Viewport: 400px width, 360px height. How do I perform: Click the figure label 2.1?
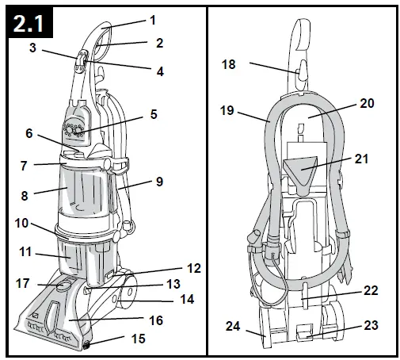coord(29,24)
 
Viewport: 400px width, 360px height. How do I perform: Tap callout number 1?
coord(153,20)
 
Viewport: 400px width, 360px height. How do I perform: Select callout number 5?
coord(154,114)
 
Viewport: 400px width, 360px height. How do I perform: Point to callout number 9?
coord(159,182)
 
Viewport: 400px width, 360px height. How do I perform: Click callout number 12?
coord(194,268)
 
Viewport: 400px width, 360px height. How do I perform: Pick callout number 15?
coord(139,339)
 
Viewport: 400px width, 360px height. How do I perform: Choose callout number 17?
coord(23,283)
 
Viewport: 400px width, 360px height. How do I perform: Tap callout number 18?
coord(228,64)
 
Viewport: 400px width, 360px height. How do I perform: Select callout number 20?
coord(367,103)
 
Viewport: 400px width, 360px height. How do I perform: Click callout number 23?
coord(371,325)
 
